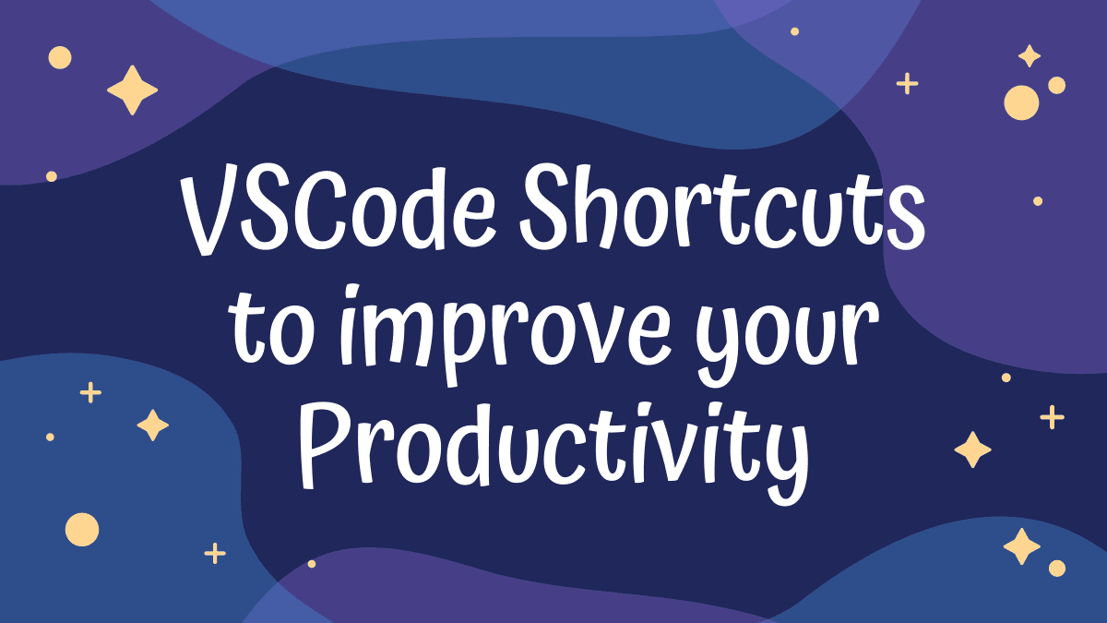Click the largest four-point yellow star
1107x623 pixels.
click(133, 90)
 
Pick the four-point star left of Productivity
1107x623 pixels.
click(153, 425)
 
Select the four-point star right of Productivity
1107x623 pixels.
click(972, 449)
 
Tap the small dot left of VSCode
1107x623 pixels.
click(52, 176)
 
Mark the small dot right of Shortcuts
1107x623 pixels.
click(1038, 201)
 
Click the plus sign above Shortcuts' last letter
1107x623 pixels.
click(908, 84)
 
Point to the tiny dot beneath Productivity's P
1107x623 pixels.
click(312, 564)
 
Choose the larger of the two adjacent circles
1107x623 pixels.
click(1021, 102)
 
